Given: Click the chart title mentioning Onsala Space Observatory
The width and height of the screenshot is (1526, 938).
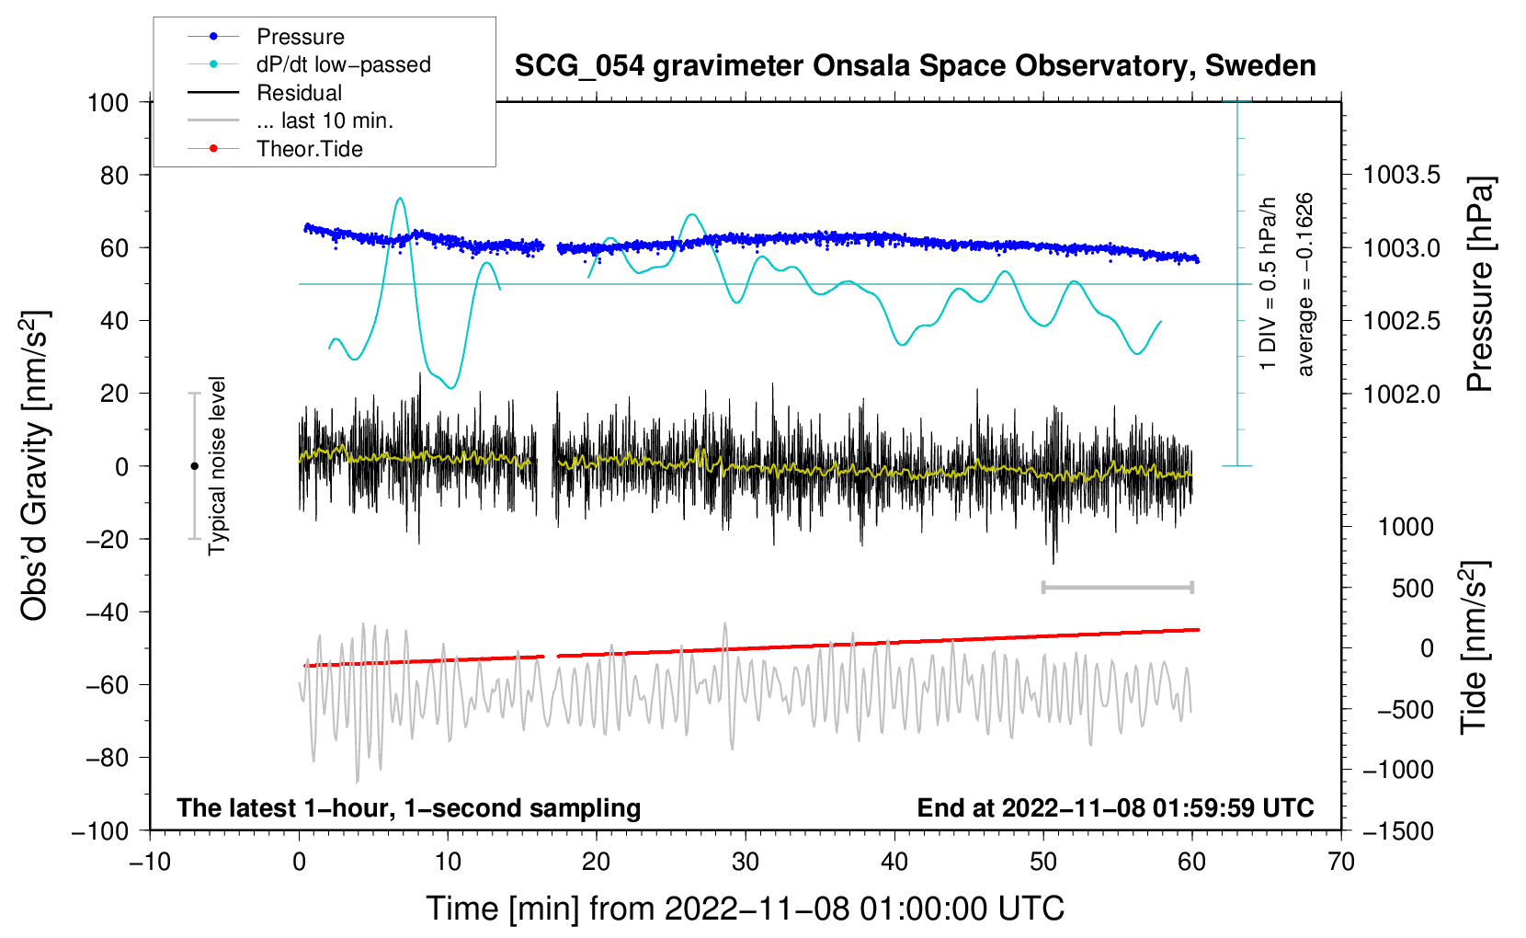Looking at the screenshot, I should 915,66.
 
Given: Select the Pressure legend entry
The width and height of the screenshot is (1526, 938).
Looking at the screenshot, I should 300,37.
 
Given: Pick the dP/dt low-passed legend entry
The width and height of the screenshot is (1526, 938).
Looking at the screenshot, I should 343,64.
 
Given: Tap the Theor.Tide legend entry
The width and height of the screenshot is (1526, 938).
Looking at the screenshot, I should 309,149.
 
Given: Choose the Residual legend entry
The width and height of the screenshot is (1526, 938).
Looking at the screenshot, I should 299,93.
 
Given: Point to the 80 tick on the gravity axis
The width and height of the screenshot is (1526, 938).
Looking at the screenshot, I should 114,175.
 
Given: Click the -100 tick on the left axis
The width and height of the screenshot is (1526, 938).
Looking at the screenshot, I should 100,830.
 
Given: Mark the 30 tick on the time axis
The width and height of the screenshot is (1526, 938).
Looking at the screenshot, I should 746,862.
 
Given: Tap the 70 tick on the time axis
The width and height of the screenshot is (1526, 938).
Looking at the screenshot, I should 1341,862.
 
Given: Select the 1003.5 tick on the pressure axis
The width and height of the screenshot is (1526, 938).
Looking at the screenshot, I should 1401,175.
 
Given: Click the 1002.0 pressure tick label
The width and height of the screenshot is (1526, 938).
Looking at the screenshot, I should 1401,394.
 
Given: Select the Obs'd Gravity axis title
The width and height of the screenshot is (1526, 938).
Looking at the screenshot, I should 35,465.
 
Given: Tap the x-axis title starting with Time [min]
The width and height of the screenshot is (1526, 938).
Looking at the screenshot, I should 746,909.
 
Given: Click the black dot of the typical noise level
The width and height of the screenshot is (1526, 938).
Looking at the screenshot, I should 194,466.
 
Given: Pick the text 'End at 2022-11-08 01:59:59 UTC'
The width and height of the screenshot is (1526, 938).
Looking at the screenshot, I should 1115,808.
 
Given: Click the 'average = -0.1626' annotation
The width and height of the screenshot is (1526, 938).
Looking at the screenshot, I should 1305,284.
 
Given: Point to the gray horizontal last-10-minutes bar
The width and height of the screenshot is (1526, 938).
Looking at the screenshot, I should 1117,587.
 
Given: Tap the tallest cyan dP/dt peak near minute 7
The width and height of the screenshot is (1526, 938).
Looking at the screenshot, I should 399,199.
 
